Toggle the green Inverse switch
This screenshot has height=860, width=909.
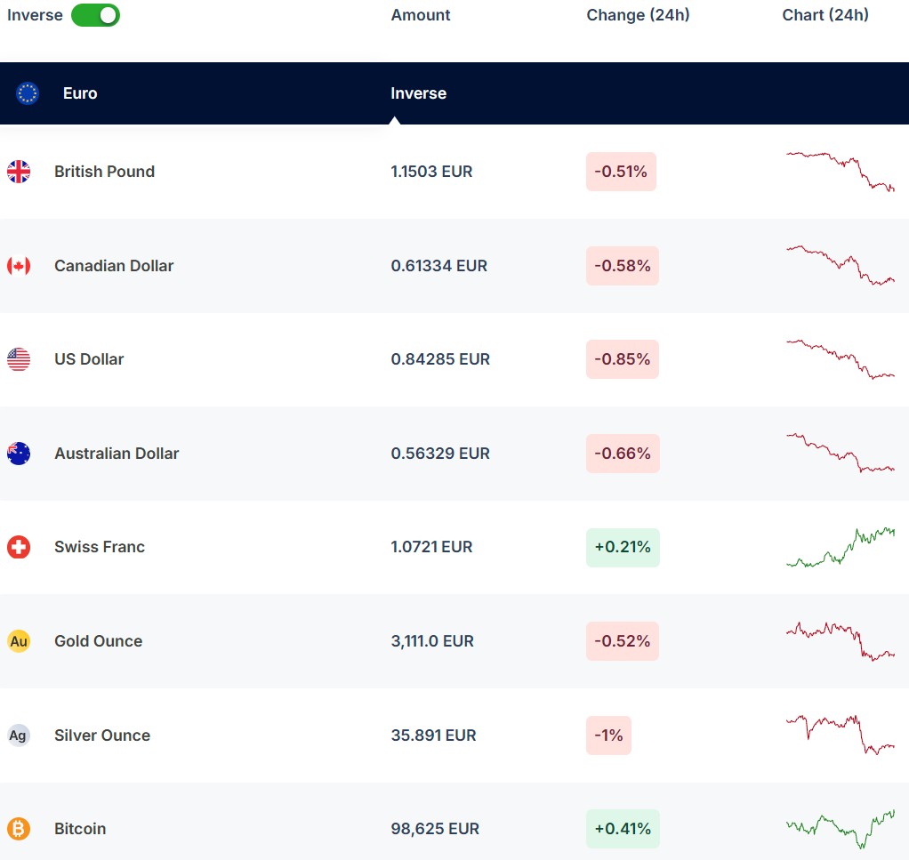95,15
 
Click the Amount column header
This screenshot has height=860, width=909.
421,15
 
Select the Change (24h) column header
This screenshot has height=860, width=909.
638,15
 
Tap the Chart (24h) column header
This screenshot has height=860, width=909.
825,15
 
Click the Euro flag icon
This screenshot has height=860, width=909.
28,93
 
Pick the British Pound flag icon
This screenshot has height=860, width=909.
19,172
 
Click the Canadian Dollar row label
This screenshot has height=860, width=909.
114,266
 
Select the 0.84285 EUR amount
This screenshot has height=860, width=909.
440,359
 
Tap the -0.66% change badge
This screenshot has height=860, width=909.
623,454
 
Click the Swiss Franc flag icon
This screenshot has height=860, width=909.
19,547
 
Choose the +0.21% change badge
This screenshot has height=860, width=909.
623,547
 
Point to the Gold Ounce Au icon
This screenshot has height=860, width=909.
19,641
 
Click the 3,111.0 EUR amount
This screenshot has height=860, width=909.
432,641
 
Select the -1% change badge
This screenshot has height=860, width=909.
608,735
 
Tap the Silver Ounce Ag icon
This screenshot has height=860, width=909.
19,735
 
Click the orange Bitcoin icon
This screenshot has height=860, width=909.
19,829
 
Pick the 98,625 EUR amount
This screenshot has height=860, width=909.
435,829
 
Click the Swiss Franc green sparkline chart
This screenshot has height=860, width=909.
841,547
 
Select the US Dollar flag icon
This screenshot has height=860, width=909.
19,359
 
